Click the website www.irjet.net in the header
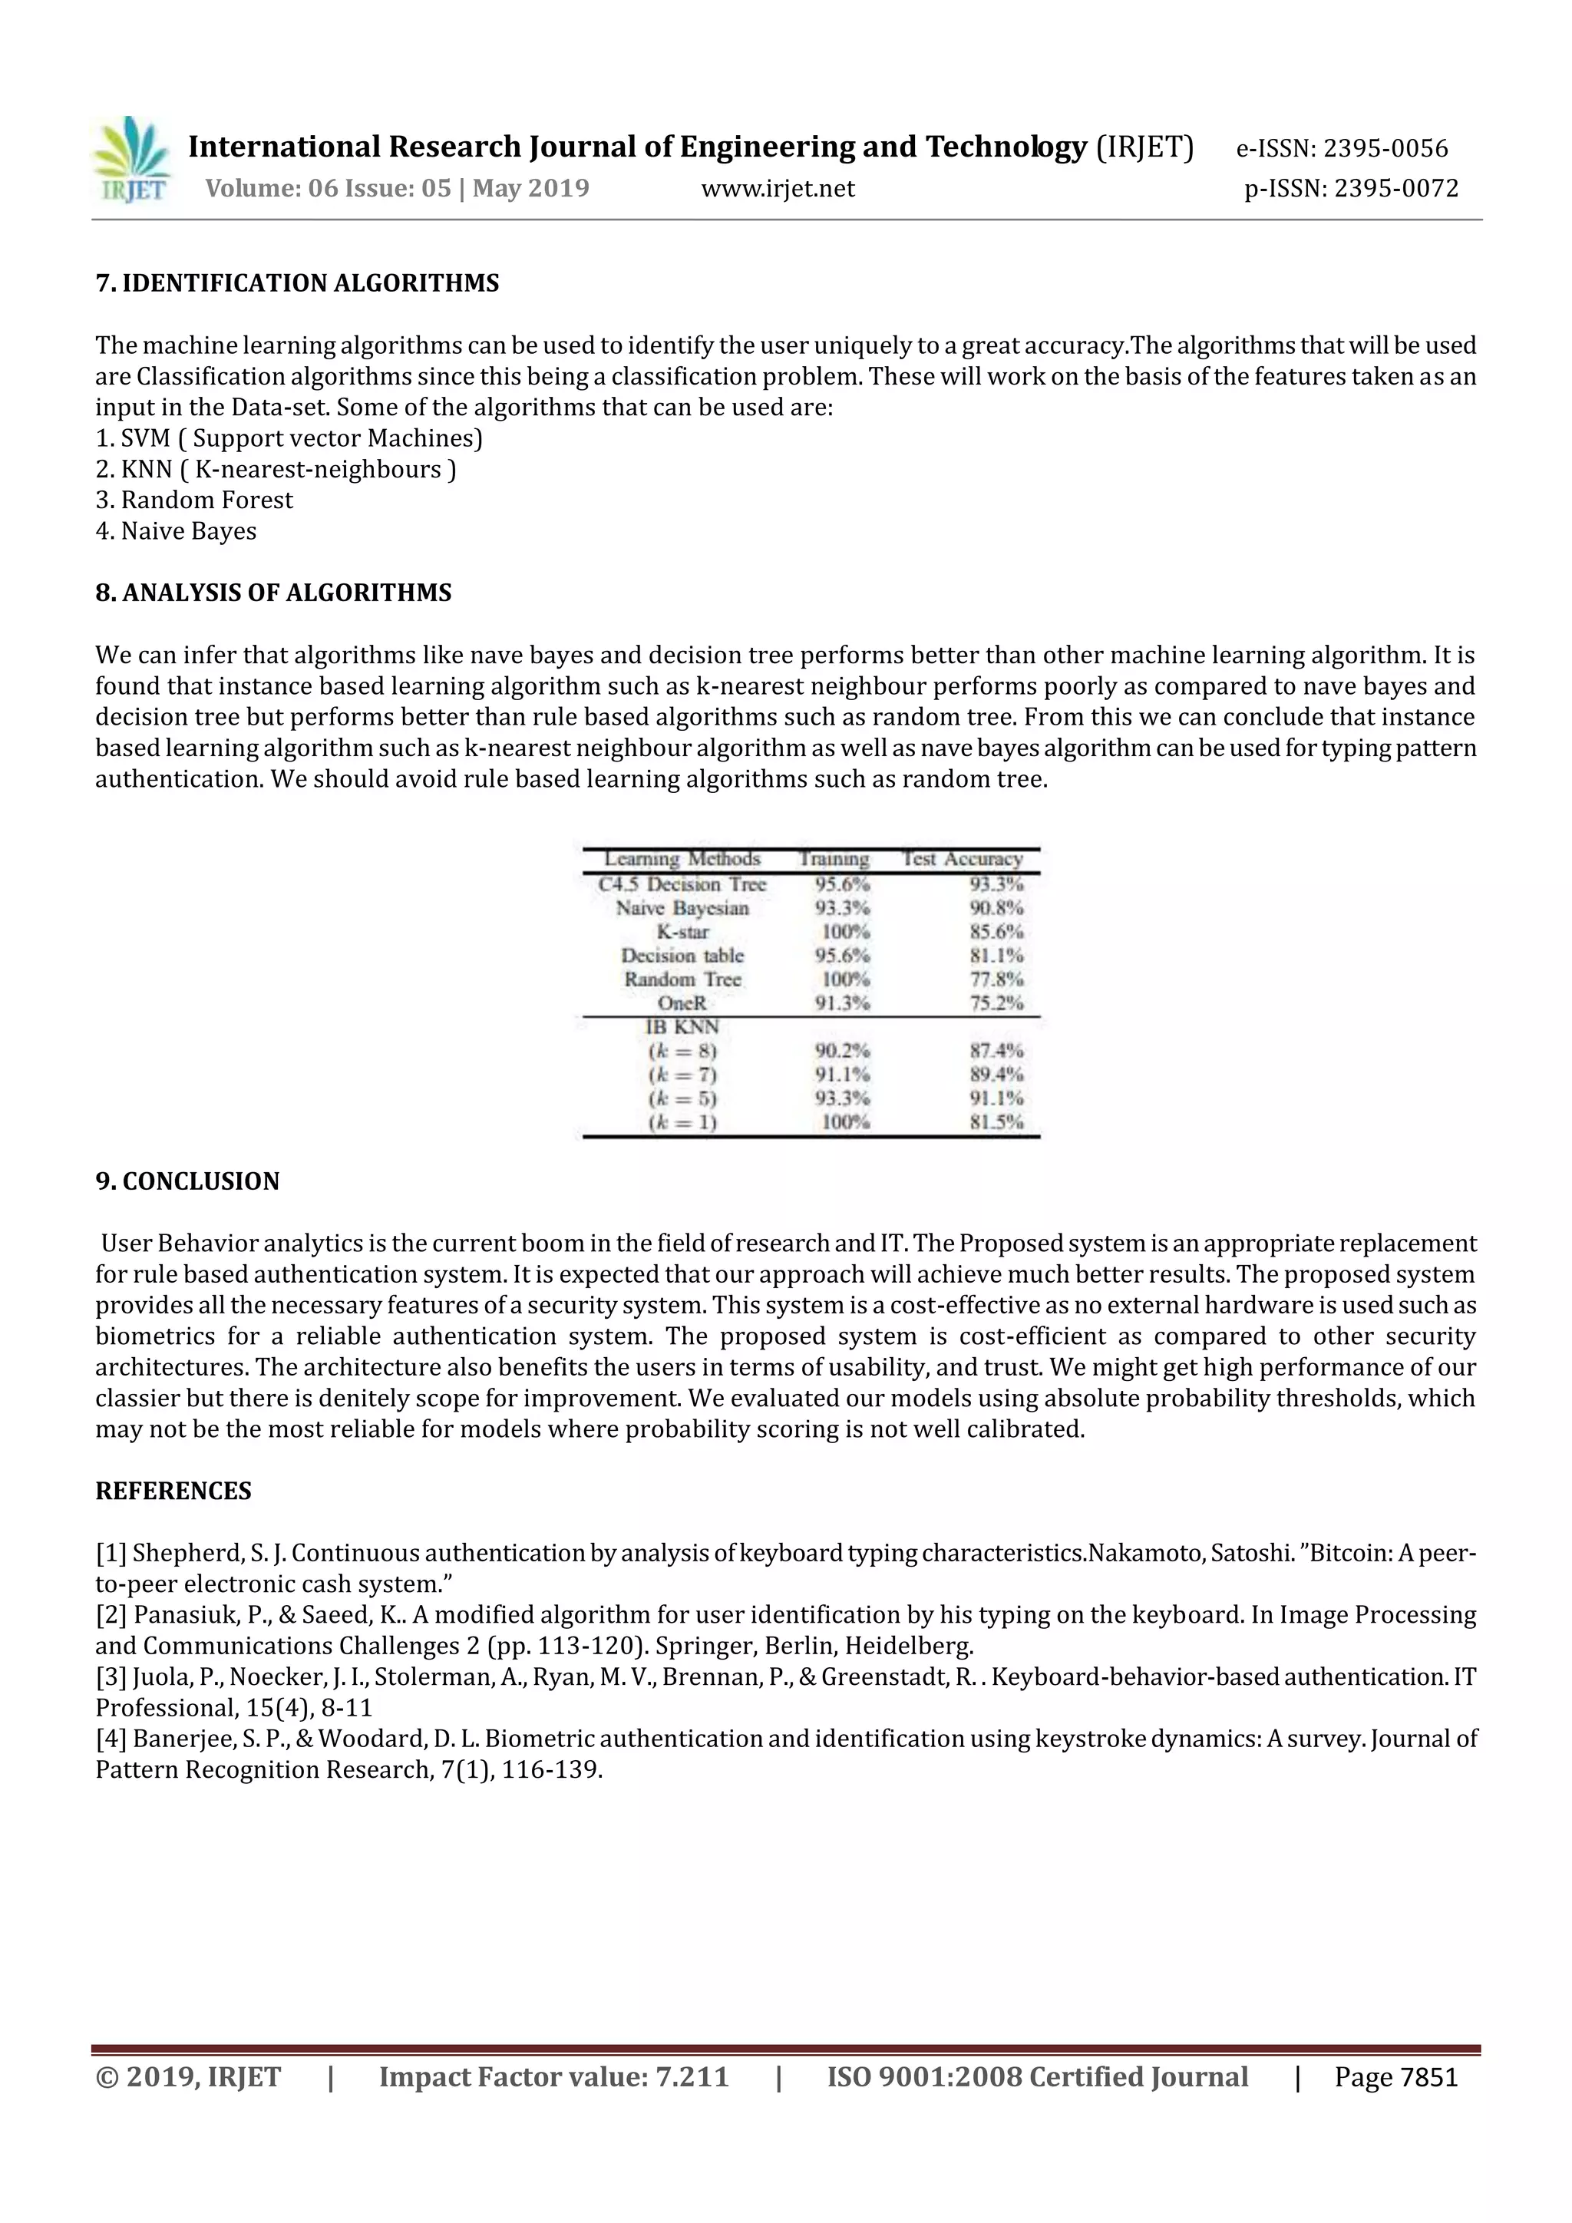click(x=778, y=189)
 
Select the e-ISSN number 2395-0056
click(x=1385, y=148)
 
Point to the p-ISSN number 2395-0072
click(x=1395, y=189)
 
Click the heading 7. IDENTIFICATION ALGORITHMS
click(x=297, y=284)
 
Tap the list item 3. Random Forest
click(x=193, y=500)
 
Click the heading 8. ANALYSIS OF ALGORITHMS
click(x=273, y=593)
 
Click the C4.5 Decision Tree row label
click(x=682, y=884)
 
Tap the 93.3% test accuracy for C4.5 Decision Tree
click(x=996, y=884)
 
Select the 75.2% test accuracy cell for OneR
click(x=996, y=1003)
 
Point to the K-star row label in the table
click(x=682, y=931)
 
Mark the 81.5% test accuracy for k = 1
click(x=996, y=1123)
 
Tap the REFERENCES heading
click(x=173, y=1491)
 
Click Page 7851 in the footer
click(x=1395, y=2077)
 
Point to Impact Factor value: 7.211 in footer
click(x=553, y=2077)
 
